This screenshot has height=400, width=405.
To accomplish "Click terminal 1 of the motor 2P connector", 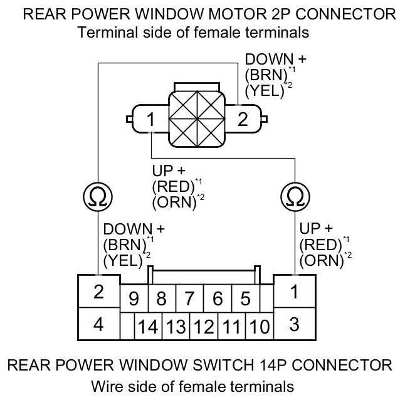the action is pos(150,119).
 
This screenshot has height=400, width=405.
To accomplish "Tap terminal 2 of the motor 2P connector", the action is pos(243,119).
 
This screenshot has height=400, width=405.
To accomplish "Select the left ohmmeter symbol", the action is pos(98,196).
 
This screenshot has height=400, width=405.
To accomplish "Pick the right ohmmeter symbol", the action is pos(295,196).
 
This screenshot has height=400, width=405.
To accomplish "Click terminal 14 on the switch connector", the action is pos(148,326).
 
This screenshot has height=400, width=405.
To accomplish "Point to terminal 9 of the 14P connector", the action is pos(134,298).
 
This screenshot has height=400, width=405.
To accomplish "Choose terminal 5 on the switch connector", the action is pos(245,298).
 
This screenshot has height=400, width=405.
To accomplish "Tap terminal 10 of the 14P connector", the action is pos(260,326).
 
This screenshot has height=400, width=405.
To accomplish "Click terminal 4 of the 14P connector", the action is pos(98,324).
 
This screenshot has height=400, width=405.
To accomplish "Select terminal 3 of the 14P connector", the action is pos(295,324).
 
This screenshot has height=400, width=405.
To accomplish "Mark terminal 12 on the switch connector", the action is pos(204,326).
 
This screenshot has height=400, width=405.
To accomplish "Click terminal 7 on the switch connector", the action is pos(189,298).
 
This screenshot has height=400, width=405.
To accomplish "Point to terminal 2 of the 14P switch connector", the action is pos(98,292).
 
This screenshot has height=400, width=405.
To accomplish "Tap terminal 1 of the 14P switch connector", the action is pos(295,292).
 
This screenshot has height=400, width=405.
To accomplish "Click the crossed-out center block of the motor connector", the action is pos(197,119).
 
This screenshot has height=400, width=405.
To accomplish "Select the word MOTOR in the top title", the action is pos(238,14).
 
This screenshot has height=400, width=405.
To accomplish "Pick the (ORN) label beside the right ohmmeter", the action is pos(322,261).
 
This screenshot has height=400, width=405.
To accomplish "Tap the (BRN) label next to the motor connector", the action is pos(266,75).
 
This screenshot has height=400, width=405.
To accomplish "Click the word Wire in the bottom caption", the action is pos(107,387).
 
